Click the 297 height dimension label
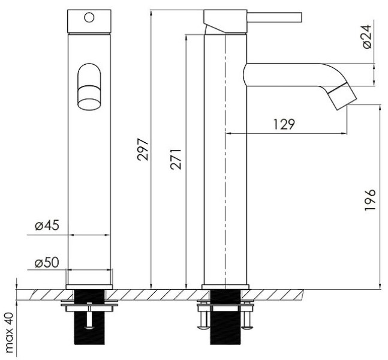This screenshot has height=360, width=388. [143, 149]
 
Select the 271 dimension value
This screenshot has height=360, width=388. [176, 159]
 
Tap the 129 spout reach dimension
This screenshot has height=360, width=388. [284, 124]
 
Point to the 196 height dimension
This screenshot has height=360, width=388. [370, 200]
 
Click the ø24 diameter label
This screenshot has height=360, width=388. [367, 37]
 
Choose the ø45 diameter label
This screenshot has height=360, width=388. [47, 226]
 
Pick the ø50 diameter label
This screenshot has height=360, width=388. [47, 262]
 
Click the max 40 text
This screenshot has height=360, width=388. [9, 332]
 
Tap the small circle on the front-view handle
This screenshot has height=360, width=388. [89, 17]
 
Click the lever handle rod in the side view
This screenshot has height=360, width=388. [275, 17]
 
